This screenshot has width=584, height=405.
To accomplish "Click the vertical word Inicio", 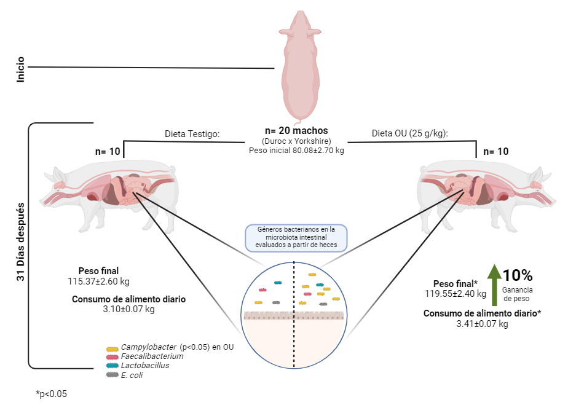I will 21,70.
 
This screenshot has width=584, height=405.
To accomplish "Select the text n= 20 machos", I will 296,130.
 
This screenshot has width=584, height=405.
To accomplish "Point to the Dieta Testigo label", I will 192,134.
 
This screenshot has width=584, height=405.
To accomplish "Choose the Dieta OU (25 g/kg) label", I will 409,133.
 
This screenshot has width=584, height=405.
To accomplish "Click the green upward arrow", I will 493,288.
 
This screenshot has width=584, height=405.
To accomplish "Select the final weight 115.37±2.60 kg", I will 98,281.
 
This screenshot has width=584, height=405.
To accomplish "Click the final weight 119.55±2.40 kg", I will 460,294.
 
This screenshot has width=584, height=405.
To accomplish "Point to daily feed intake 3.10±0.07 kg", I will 128,310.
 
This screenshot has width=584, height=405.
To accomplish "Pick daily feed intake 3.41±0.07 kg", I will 482,324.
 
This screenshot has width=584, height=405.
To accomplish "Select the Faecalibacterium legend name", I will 152,356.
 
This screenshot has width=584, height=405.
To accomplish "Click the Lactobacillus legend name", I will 144,366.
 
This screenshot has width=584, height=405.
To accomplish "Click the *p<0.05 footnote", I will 51,394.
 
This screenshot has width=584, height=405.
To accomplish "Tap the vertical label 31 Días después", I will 21,243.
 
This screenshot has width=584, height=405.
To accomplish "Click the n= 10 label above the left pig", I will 107,151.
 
